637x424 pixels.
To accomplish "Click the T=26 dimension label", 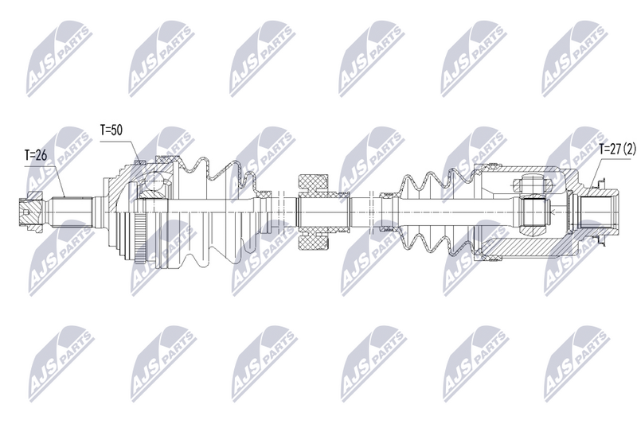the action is click(36, 155).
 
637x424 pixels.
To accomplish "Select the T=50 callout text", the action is click(111, 130).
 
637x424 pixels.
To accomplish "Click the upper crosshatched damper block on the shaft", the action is click(313, 184).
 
